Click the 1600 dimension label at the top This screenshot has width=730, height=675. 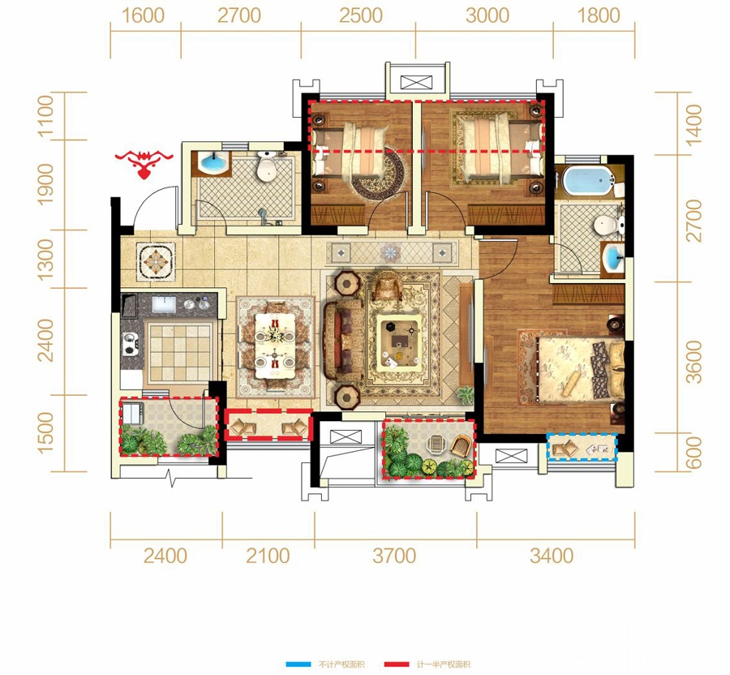[x=143, y=15]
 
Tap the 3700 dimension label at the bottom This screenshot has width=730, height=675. [x=394, y=556]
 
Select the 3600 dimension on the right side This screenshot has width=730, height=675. [x=693, y=362]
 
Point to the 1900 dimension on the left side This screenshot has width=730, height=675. [x=45, y=184]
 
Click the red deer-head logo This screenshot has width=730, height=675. [x=144, y=163]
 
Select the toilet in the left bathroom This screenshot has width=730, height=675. [x=267, y=166]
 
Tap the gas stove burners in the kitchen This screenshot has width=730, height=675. [x=130, y=343]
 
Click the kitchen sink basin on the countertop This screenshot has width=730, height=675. [x=164, y=304]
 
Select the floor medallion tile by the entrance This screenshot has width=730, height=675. [x=156, y=261]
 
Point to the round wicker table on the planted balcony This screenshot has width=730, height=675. [x=436, y=444]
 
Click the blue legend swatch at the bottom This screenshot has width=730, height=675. [x=298, y=664]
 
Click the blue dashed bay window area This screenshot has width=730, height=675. [x=582, y=447]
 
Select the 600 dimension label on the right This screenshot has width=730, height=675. [x=693, y=453]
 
